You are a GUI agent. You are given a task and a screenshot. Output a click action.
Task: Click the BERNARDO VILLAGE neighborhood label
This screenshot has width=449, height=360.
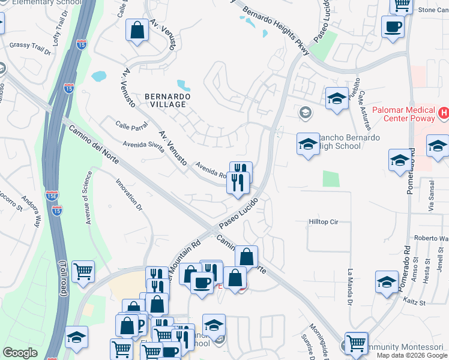coord(167,100)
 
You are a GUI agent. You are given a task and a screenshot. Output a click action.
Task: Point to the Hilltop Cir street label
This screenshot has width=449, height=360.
coord(324,222)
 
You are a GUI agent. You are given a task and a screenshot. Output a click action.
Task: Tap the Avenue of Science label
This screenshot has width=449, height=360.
coord(88,197)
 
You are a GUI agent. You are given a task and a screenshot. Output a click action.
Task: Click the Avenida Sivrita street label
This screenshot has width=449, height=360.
coord(143,148)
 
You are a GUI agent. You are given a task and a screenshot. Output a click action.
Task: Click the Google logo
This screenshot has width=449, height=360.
coord(20,353)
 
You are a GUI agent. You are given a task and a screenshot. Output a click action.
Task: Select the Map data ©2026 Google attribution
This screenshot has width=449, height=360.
coord(411,355)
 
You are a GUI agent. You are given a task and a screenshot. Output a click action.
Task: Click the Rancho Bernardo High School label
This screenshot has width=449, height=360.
coord(349,142)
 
